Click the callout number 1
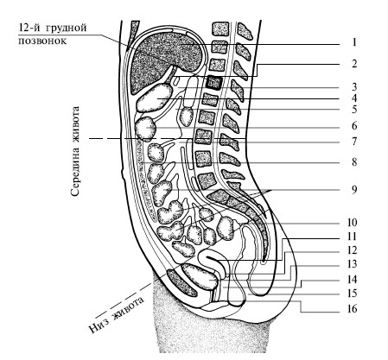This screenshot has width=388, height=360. pos(354,42)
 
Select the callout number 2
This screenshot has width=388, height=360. pos(354,64)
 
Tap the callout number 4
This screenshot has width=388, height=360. pos(354,98)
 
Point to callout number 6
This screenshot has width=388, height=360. pos(354,126)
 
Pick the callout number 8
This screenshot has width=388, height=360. pos(354,162)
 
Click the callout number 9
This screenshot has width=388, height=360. pos(354,190)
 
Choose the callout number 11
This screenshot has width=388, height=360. pos(352,237)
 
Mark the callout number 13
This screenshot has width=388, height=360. pos(352,264)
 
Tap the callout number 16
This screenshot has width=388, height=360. pos(352,309)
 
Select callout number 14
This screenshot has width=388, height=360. pos(352,280)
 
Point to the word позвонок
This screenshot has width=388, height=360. pos(42,41)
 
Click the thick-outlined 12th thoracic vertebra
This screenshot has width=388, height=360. pos(214,83)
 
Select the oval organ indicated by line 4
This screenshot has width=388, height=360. pos(155,98)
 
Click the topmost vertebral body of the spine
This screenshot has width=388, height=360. pos(220,28)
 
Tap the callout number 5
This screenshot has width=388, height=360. pos(354,110)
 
